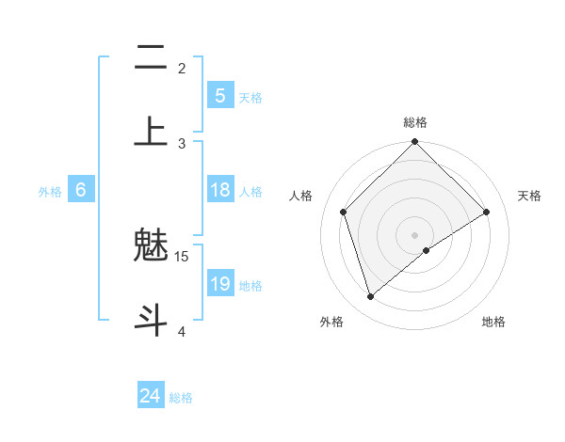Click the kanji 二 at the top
tap(151, 60)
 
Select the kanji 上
tap(151, 132)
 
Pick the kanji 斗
tap(151, 319)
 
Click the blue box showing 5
tap(219, 96)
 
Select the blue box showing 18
tap(219, 190)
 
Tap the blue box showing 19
tap(219, 284)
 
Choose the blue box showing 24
tap(151, 396)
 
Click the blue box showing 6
tap(81, 190)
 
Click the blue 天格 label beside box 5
tap(250, 98)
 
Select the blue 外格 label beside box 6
tap(50, 192)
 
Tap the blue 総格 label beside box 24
tap(181, 398)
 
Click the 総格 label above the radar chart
tap(415, 122)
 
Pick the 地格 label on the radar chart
tap(493, 322)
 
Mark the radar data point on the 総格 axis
tap(414, 143)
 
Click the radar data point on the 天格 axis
tap(487, 212)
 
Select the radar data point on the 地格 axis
tap(427, 250)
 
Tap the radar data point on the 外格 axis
tap(370, 296)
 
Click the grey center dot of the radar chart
tap(414, 234)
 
